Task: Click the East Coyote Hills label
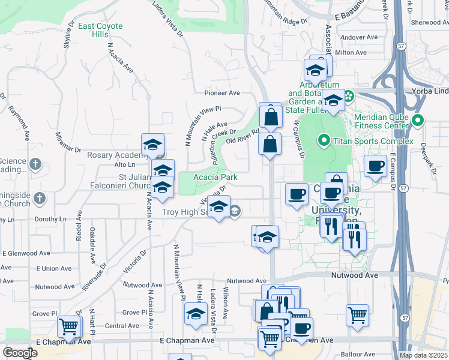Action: [100, 30]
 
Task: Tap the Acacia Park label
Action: [215, 177]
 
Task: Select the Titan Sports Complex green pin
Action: [324, 141]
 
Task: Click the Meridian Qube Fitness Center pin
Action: [419, 119]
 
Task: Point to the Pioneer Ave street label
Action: [222, 93]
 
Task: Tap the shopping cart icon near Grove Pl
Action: [69, 327]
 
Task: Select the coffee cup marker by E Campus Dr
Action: [376, 166]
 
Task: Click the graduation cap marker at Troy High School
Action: [219, 207]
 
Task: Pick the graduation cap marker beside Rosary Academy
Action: [153, 145]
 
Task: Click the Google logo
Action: [20, 353]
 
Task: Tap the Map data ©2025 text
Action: [423, 355]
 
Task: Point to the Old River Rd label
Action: [242, 136]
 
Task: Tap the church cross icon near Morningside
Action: [40, 197]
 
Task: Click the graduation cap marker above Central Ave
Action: [196, 314]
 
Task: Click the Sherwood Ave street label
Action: [429, 22]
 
